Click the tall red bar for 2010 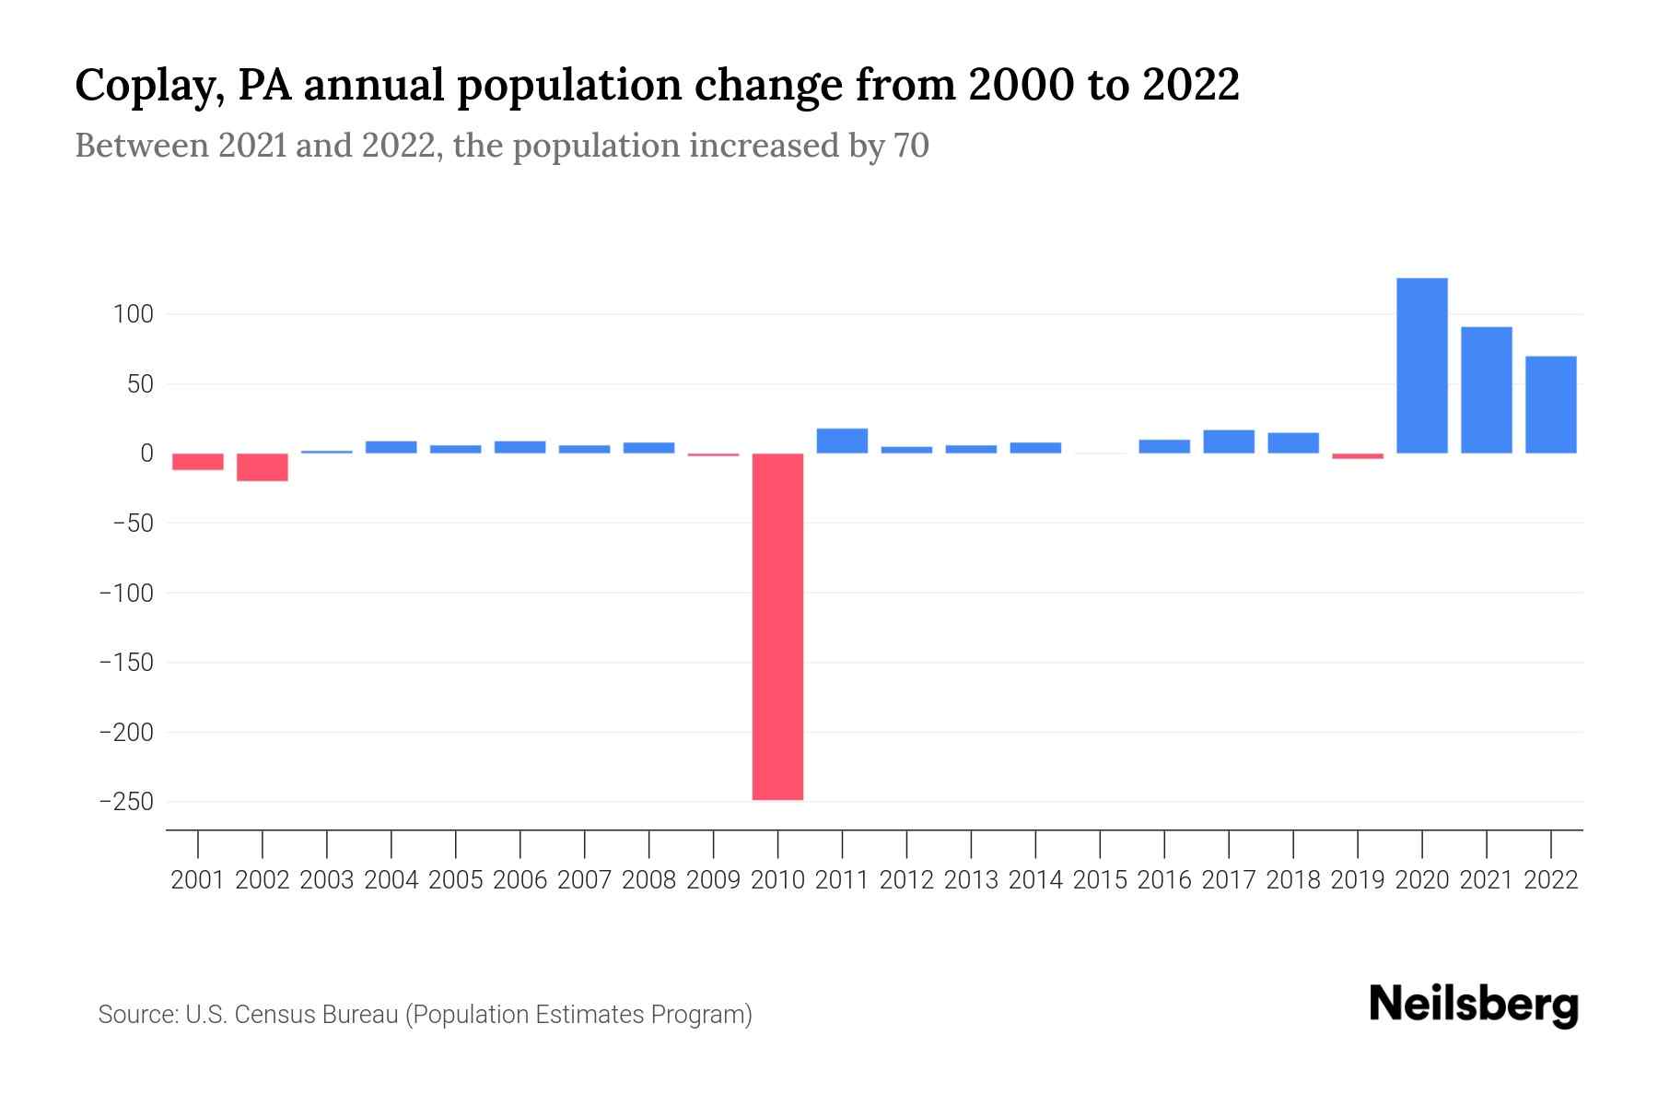coord(777,627)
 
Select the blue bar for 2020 coord(1421,366)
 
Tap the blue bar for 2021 coord(1486,390)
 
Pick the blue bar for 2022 coord(1550,405)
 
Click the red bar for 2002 coord(263,467)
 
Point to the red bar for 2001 coord(198,462)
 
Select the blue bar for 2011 coord(842,441)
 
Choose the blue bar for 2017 coord(1229,442)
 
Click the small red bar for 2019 coord(1358,456)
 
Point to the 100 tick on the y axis coord(133,314)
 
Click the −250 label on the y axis coord(126,802)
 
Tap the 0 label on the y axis coord(146,453)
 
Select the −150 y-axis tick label coord(126,663)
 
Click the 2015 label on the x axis coord(1100,880)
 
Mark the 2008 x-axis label coord(648,880)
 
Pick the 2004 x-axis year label coord(391,880)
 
